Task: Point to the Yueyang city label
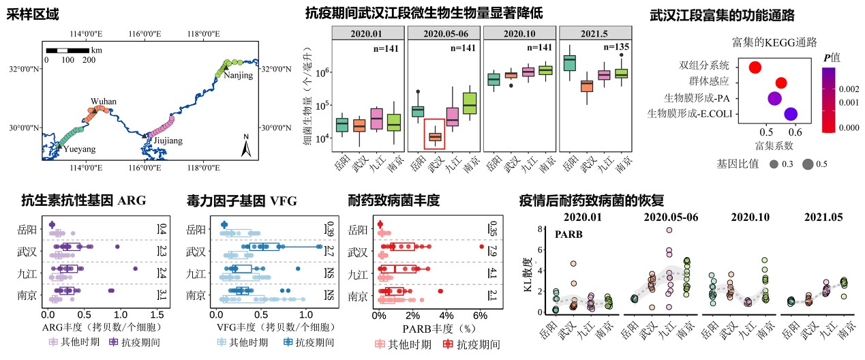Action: (x=79, y=148)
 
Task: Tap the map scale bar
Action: (x=67, y=50)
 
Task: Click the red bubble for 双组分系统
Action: (x=755, y=67)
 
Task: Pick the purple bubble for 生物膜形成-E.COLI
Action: (x=791, y=114)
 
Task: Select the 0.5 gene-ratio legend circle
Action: (x=808, y=164)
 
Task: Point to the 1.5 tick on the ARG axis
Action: (x=156, y=316)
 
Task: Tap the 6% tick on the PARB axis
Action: (x=479, y=316)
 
